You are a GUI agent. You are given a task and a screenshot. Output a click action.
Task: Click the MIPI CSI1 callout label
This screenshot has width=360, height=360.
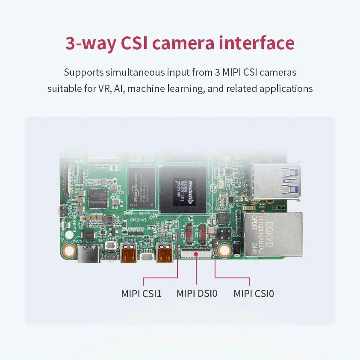[141, 294]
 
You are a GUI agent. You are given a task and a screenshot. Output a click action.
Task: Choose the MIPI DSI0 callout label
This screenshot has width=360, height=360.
[197, 294]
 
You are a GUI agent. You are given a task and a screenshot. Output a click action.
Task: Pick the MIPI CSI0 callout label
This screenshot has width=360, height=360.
[254, 294]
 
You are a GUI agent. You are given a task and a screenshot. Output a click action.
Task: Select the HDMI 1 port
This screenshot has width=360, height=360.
[164, 255]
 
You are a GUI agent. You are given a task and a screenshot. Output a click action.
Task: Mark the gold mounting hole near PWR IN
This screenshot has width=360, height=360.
[69, 250]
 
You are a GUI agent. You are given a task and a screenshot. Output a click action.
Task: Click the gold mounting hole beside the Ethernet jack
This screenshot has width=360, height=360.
[223, 250]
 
